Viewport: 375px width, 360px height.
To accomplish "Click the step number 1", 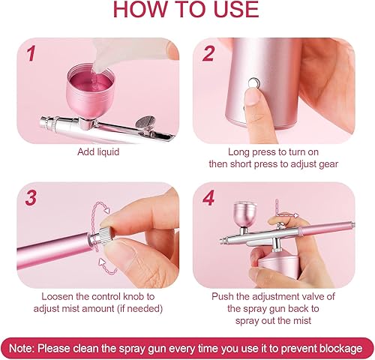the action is pos(31,53).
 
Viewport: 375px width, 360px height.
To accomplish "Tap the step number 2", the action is pos(208,53).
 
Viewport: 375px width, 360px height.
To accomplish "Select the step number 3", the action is pos(31,198).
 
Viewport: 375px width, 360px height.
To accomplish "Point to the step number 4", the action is pos(208,198).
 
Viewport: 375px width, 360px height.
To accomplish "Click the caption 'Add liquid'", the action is pos(98,151).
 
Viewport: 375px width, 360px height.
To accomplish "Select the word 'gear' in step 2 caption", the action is pos(328,164).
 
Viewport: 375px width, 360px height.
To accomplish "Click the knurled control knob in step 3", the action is pos(106,235).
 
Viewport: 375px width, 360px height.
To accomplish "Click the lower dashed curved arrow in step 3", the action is pos(106,265).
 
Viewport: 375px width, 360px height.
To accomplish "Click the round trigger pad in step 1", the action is pos(145,122).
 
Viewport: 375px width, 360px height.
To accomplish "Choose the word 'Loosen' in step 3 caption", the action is pos(58,296).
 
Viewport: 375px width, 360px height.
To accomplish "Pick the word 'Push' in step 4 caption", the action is pos(223,296).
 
